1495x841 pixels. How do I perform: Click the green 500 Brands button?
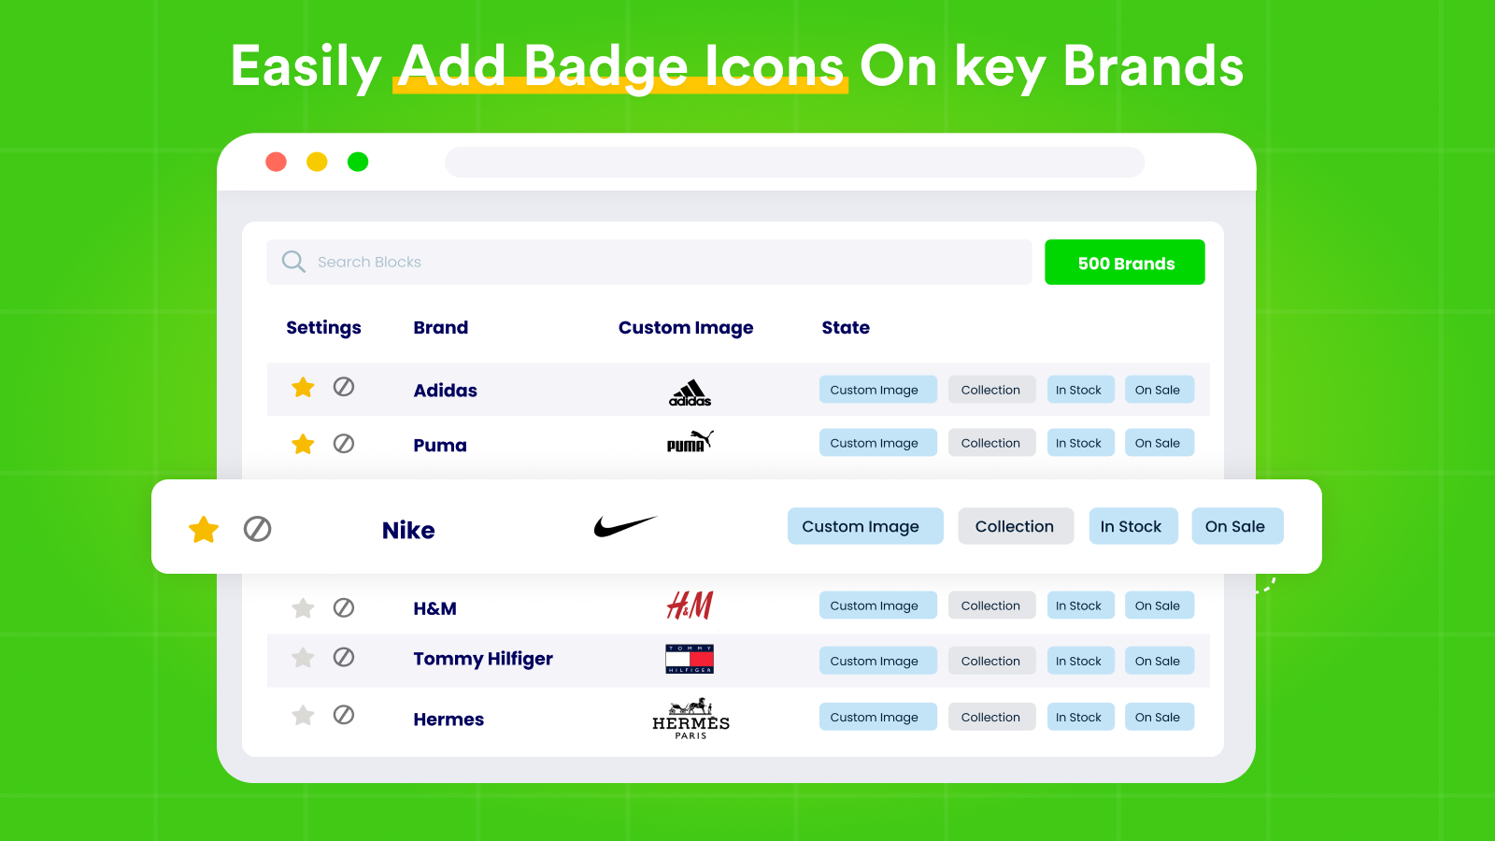pyautogui.click(x=1124, y=263)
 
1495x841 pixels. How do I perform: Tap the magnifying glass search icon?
pyautogui.click(x=293, y=262)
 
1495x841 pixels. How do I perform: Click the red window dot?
pyautogui.click(x=276, y=162)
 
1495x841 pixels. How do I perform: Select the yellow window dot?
pyautogui.click(x=317, y=162)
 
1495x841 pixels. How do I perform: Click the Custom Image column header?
pyautogui.click(x=685, y=328)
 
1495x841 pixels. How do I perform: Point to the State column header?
pyautogui.click(x=845, y=328)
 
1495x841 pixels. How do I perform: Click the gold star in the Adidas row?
pyautogui.click(x=303, y=388)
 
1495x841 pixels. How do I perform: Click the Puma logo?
pyautogui.click(x=690, y=441)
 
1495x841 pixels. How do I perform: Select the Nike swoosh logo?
pyautogui.click(x=624, y=527)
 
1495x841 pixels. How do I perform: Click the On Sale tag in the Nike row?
pyautogui.click(x=1236, y=526)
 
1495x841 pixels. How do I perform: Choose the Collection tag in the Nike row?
pyautogui.click(x=1015, y=526)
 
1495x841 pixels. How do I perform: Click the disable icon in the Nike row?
pyautogui.click(x=257, y=529)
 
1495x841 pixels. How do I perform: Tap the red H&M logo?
pyautogui.click(x=690, y=606)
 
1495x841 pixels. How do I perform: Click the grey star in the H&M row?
pyautogui.click(x=303, y=608)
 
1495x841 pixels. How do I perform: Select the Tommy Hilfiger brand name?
pyautogui.click(x=482, y=659)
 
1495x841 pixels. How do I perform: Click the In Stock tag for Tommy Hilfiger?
pyautogui.click(x=1079, y=661)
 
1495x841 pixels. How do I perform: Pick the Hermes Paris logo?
pyautogui.click(x=691, y=719)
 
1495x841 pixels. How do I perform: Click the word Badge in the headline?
pyautogui.click(x=605, y=67)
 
